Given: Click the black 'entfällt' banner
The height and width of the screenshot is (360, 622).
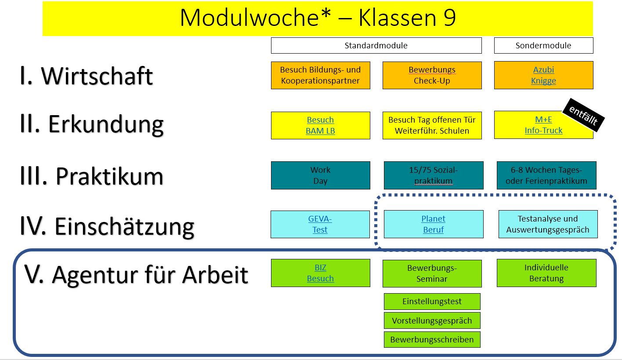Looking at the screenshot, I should pyautogui.click(x=583, y=115).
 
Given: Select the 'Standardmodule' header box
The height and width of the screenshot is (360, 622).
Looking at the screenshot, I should pyautogui.click(x=376, y=46).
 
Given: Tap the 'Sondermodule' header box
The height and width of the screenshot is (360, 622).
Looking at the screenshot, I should pyautogui.click(x=543, y=46).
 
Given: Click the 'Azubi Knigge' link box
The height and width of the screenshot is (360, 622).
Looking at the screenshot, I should pyautogui.click(x=543, y=75).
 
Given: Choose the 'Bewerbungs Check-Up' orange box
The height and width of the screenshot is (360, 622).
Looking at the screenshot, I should pyautogui.click(x=432, y=75).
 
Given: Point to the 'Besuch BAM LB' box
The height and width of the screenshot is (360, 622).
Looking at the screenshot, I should pyautogui.click(x=320, y=125).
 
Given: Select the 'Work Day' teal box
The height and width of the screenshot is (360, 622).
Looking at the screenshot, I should pyautogui.click(x=320, y=175).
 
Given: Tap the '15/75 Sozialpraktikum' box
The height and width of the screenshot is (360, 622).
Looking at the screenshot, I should pyautogui.click(x=433, y=175).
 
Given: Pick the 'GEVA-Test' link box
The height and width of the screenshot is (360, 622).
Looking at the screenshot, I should pyautogui.click(x=320, y=224).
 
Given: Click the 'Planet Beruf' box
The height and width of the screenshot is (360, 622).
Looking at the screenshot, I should pyautogui.click(x=433, y=224).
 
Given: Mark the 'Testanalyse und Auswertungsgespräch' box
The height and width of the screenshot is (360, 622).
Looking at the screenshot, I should pyautogui.click(x=548, y=224).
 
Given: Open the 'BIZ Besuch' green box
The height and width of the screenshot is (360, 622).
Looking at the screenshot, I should pyautogui.click(x=320, y=273).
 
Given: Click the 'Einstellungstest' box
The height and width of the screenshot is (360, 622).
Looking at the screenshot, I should pyautogui.click(x=432, y=302).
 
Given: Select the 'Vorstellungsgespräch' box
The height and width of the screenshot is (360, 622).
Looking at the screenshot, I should pyautogui.click(x=432, y=320).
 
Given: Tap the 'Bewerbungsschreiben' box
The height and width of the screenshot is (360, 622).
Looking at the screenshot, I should pyautogui.click(x=432, y=339).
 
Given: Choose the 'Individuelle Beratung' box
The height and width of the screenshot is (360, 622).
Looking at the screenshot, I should pyautogui.click(x=546, y=273).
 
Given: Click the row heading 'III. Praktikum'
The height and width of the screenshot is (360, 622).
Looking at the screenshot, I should pyautogui.click(x=91, y=176).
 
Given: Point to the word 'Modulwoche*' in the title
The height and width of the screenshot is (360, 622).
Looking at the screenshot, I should pyautogui.click(x=255, y=18).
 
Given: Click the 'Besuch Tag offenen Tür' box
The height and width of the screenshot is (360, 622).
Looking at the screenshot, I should pyautogui.click(x=432, y=125).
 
